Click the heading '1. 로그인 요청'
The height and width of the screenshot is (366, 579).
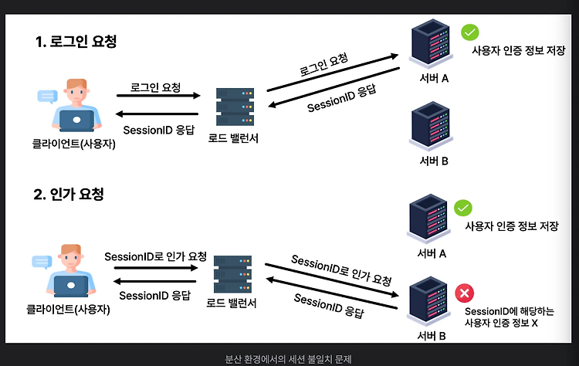coord(76,42)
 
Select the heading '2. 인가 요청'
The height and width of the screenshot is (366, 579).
coord(69,195)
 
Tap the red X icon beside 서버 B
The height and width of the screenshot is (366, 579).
coord(464,293)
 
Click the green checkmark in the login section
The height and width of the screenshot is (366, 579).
coord(469,32)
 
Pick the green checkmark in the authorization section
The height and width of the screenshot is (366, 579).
coord(462,208)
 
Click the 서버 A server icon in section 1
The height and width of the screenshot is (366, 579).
coord(431,43)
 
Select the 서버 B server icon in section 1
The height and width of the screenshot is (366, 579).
coord(431,127)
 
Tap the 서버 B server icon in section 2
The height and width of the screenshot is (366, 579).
coord(428,301)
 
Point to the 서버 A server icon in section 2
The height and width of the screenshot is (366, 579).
coord(428,219)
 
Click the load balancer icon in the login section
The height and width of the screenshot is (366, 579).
coord(235,107)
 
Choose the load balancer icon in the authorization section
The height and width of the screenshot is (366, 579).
coord(232,273)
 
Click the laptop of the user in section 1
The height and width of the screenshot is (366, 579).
coord(76,120)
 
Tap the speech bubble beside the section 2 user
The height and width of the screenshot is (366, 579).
coord(42,262)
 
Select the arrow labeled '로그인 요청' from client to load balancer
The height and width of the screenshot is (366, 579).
coord(158,96)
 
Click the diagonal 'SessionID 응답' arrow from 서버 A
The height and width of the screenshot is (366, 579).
coord(334,87)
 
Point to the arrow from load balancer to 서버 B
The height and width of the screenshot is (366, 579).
coord(332,280)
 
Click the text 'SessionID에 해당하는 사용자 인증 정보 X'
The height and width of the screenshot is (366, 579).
coord(510,317)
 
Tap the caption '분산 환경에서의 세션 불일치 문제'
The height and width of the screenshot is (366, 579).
coord(289,359)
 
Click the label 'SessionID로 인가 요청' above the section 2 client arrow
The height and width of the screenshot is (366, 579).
coord(155,256)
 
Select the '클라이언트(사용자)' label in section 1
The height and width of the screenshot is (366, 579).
coord(74,144)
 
